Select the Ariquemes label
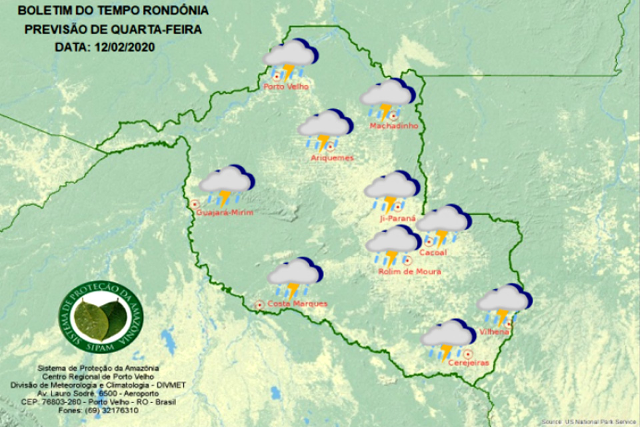tap(332, 158)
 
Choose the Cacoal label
tap(434, 252)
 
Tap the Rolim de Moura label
tap(409, 272)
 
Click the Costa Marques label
tap(297, 304)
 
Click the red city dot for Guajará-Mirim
tap(195, 204)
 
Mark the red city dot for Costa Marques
tap(259, 305)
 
